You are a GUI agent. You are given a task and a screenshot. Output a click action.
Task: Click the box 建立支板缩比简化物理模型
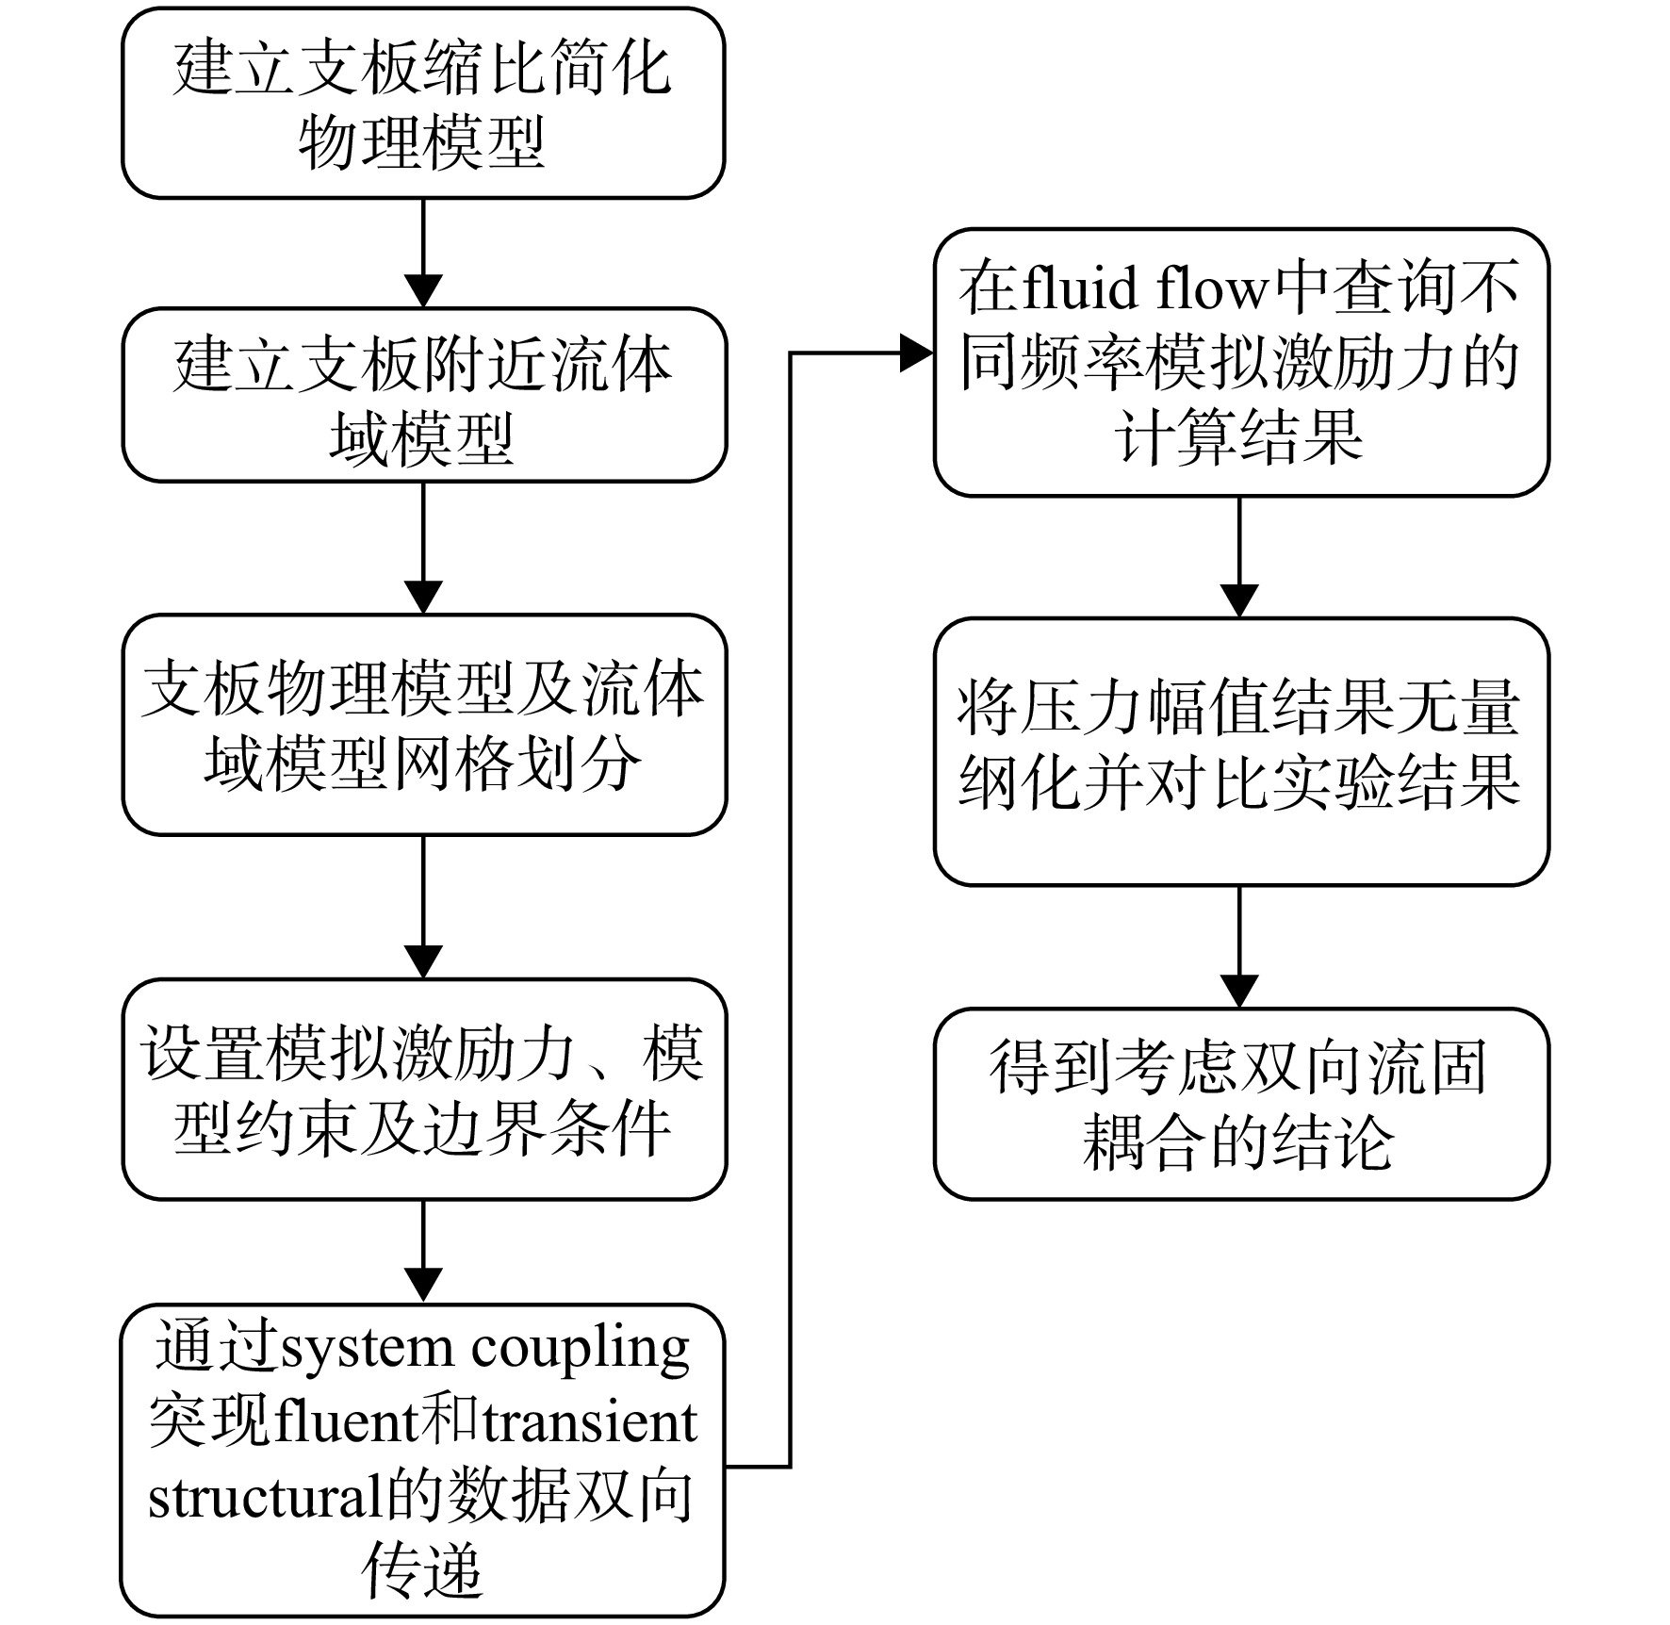coord(423,104)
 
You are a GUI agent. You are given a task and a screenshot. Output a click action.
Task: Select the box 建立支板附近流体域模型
coord(424,395)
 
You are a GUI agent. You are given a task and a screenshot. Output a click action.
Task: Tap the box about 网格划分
coord(424,725)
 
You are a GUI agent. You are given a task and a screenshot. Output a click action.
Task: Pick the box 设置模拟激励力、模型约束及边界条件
coord(424,1090)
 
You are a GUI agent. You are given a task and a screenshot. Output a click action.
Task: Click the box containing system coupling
coord(423,1460)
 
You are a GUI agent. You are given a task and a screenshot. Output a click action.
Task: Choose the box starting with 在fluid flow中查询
coord(1241,363)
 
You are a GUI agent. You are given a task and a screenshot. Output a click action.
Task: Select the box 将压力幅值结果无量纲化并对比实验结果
coord(1241,752)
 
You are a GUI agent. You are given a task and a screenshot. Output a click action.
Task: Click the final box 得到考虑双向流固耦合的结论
coord(1241,1104)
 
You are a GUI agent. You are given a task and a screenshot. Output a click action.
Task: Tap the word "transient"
coord(590,1422)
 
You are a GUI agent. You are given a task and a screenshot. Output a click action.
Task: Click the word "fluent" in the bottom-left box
coord(346,1422)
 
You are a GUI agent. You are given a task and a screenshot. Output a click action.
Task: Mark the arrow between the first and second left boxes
coord(423,254)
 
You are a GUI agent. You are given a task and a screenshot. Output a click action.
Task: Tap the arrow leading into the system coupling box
coord(423,1252)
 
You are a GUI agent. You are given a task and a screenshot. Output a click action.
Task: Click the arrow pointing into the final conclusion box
coord(1239,947)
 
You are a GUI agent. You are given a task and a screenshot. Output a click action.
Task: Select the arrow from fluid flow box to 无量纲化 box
coord(1239,557)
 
